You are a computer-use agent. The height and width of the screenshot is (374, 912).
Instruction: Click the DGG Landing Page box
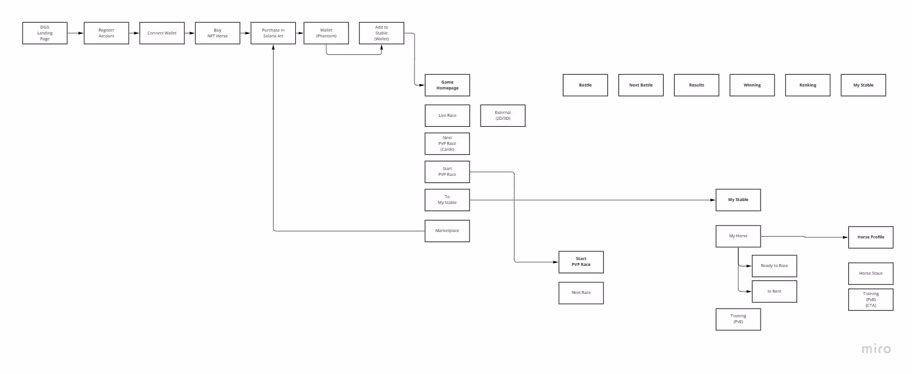click(45, 33)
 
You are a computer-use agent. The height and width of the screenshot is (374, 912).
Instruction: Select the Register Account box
click(106, 33)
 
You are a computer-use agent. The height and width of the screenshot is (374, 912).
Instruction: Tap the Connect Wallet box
click(162, 33)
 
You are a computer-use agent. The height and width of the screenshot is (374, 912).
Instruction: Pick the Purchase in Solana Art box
click(273, 33)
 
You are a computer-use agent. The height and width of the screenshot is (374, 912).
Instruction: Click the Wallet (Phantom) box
click(326, 33)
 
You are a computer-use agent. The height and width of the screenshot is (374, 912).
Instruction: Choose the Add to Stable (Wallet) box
click(381, 33)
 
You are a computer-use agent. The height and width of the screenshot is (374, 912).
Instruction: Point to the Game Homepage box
click(447, 85)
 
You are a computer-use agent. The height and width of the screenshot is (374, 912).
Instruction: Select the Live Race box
click(447, 116)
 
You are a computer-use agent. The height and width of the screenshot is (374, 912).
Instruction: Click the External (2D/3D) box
click(503, 116)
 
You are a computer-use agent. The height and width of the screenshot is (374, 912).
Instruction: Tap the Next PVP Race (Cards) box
click(447, 144)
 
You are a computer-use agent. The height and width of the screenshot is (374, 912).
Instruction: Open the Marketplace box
click(447, 231)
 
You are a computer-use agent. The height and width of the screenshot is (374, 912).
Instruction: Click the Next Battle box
click(641, 85)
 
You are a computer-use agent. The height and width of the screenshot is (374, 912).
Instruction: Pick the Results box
click(696, 85)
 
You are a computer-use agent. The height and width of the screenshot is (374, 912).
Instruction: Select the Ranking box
click(808, 85)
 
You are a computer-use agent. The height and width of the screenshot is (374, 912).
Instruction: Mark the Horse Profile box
click(870, 237)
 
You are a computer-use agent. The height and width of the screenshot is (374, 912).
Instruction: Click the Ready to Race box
click(774, 266)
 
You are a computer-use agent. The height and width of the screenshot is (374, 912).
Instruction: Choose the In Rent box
click(774, 292)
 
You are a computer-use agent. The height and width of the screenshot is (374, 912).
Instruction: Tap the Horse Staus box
click(870, 273)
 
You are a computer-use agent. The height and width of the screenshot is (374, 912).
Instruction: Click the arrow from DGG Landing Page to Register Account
click(75, 33)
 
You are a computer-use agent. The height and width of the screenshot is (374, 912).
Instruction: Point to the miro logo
click(876, 349)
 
